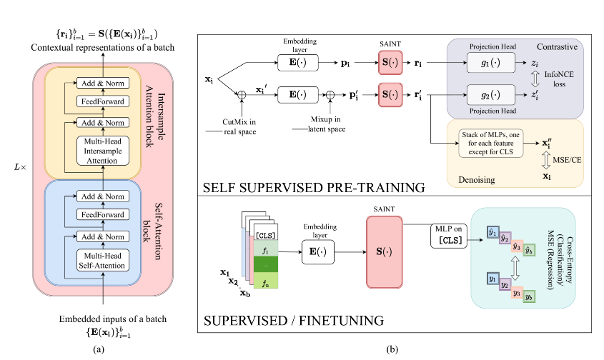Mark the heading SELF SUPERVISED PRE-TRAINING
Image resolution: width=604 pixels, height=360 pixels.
[315, 187]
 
